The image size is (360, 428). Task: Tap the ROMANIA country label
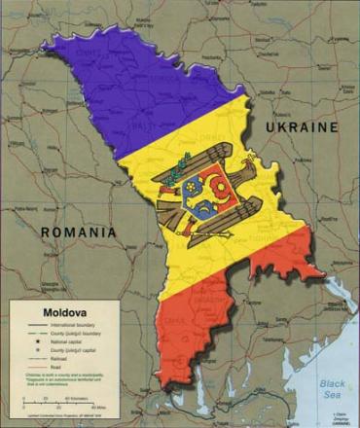coord(79,232)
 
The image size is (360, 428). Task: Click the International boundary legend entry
coord(68,324)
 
